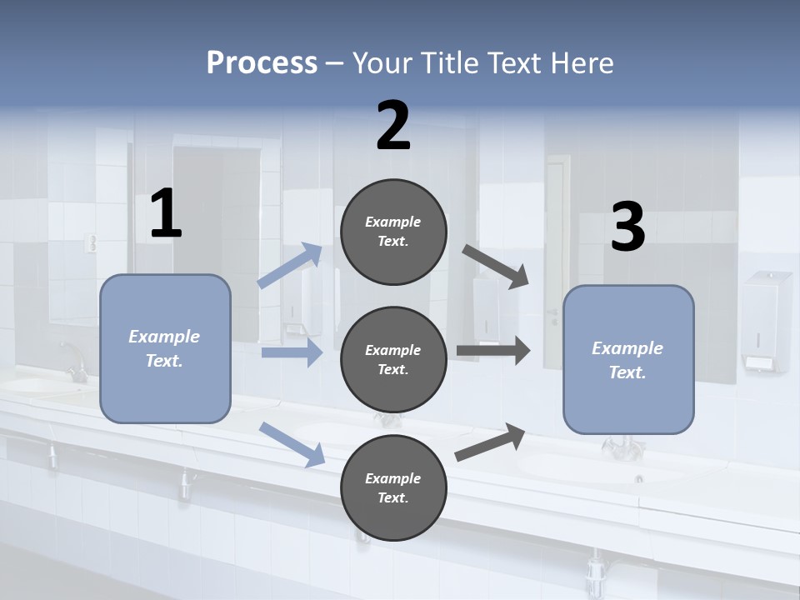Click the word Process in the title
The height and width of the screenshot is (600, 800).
[x=262, y=63]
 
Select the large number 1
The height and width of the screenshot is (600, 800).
[x=166, y=215]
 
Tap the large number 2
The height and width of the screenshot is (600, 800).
[x=393, y=127]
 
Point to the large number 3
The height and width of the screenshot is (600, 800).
[x=627, y=228]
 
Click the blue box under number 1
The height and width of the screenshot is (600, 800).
[x=165, y=348]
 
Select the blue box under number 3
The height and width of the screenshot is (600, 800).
[x=628, y=359]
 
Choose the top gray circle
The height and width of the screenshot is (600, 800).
[x=393, y=232]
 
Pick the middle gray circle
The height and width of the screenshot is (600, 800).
[x=393, y=359]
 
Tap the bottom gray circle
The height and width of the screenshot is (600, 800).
[x=393, y=487]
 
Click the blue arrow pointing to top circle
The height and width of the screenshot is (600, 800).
[x=290, y=265]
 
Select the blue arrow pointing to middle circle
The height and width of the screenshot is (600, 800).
[x=292, y=352]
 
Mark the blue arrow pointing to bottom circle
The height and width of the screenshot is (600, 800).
[x=292, y=443]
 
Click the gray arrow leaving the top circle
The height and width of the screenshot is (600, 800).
[x=496, y=266]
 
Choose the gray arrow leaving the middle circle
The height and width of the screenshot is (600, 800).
[x=493, y=350]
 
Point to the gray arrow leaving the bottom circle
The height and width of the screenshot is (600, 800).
[x=490, y=442]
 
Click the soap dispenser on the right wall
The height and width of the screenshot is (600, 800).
[x=766, y=321]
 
